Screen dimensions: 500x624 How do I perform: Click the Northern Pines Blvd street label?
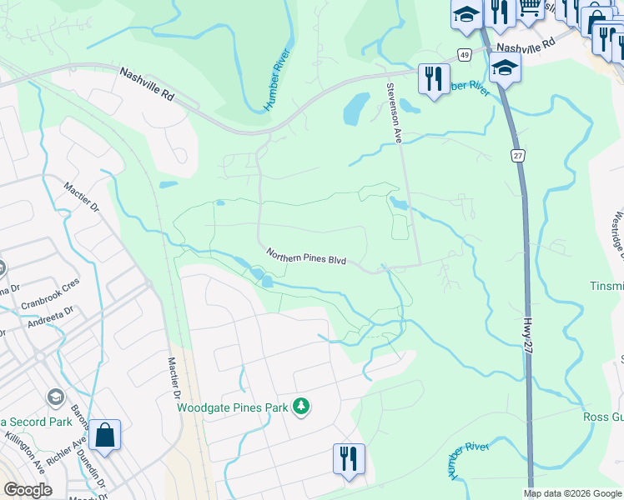coord(305,256)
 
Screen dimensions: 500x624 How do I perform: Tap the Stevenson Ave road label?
coord(393,113)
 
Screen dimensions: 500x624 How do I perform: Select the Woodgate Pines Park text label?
coord(232,407)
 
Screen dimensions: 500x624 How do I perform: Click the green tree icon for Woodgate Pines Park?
coord(300,407)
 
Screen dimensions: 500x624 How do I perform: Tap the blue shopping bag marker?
coord(105,436)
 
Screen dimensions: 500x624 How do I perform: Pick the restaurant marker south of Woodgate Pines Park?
coord(348,459)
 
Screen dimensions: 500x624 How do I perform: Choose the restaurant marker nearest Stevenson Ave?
coord(432,80)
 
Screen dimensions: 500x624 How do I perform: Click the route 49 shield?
coord(463,54)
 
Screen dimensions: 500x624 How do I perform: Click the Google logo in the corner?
coord(28,489)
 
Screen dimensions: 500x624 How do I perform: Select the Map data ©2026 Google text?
coord(572,493)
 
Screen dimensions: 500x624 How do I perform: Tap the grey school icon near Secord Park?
coord(57,397)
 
